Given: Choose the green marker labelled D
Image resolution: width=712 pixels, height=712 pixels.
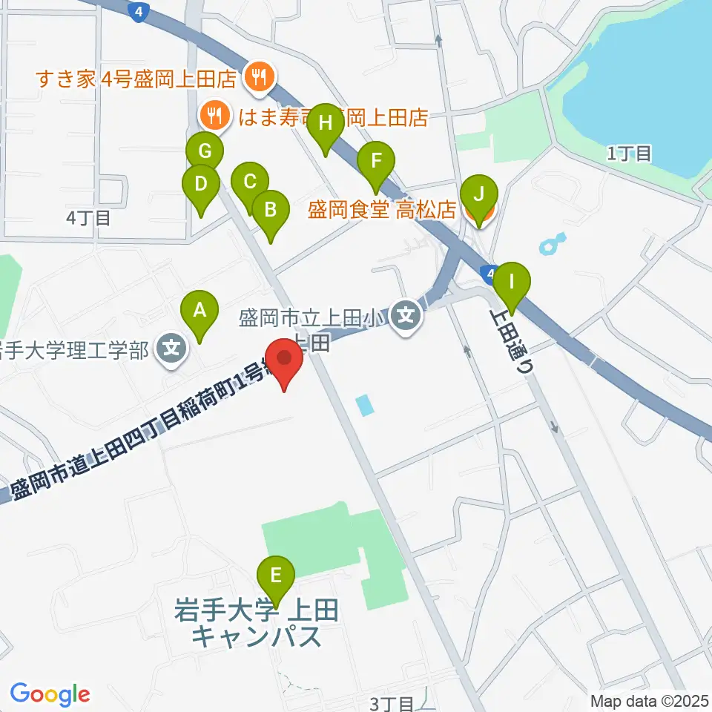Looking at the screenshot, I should click(200, 184).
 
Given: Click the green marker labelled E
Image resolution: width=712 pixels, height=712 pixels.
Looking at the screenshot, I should click(276, 576).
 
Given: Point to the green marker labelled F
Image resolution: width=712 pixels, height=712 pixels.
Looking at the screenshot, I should click(376, 162).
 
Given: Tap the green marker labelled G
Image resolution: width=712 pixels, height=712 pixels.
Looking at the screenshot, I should click(205, 153).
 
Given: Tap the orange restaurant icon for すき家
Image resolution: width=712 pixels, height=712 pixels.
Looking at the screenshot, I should click(259, 76).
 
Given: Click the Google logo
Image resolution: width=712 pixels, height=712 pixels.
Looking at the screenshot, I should click(50, 694).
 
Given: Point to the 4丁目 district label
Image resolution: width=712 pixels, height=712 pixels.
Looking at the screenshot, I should click(88, 218).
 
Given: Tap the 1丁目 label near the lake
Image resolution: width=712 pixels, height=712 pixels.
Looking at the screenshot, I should click(629, 154).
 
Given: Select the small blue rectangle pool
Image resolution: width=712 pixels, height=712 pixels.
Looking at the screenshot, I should click(364, 405).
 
